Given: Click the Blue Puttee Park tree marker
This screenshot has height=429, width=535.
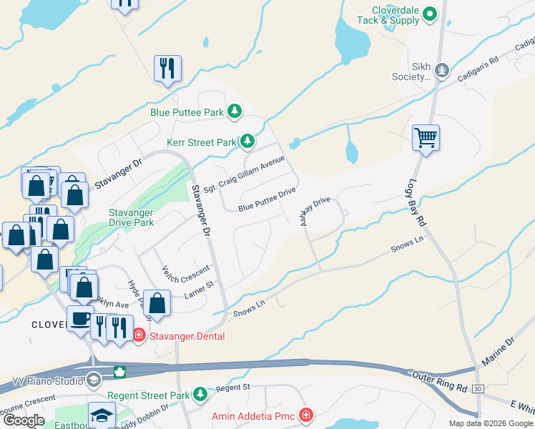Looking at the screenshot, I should click(234, 112).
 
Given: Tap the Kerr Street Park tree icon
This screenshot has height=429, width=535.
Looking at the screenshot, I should click(247, 142).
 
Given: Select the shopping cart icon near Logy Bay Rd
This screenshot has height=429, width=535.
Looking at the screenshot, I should click(426, 137).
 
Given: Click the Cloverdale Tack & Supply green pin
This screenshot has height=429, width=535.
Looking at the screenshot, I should click(429, 13).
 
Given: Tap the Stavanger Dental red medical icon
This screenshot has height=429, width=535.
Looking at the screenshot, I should click(139, 336).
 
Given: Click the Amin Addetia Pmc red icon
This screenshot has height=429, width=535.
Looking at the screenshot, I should click(306, 415).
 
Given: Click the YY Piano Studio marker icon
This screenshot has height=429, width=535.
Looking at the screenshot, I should click(92, 379).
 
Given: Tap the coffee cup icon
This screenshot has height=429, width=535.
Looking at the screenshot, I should click(79, 317).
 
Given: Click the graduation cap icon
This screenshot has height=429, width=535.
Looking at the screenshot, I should click(102, 414).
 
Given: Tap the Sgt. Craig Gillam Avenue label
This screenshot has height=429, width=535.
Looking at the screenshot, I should click(244, 174).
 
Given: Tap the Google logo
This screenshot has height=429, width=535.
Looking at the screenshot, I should click(24, 421).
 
